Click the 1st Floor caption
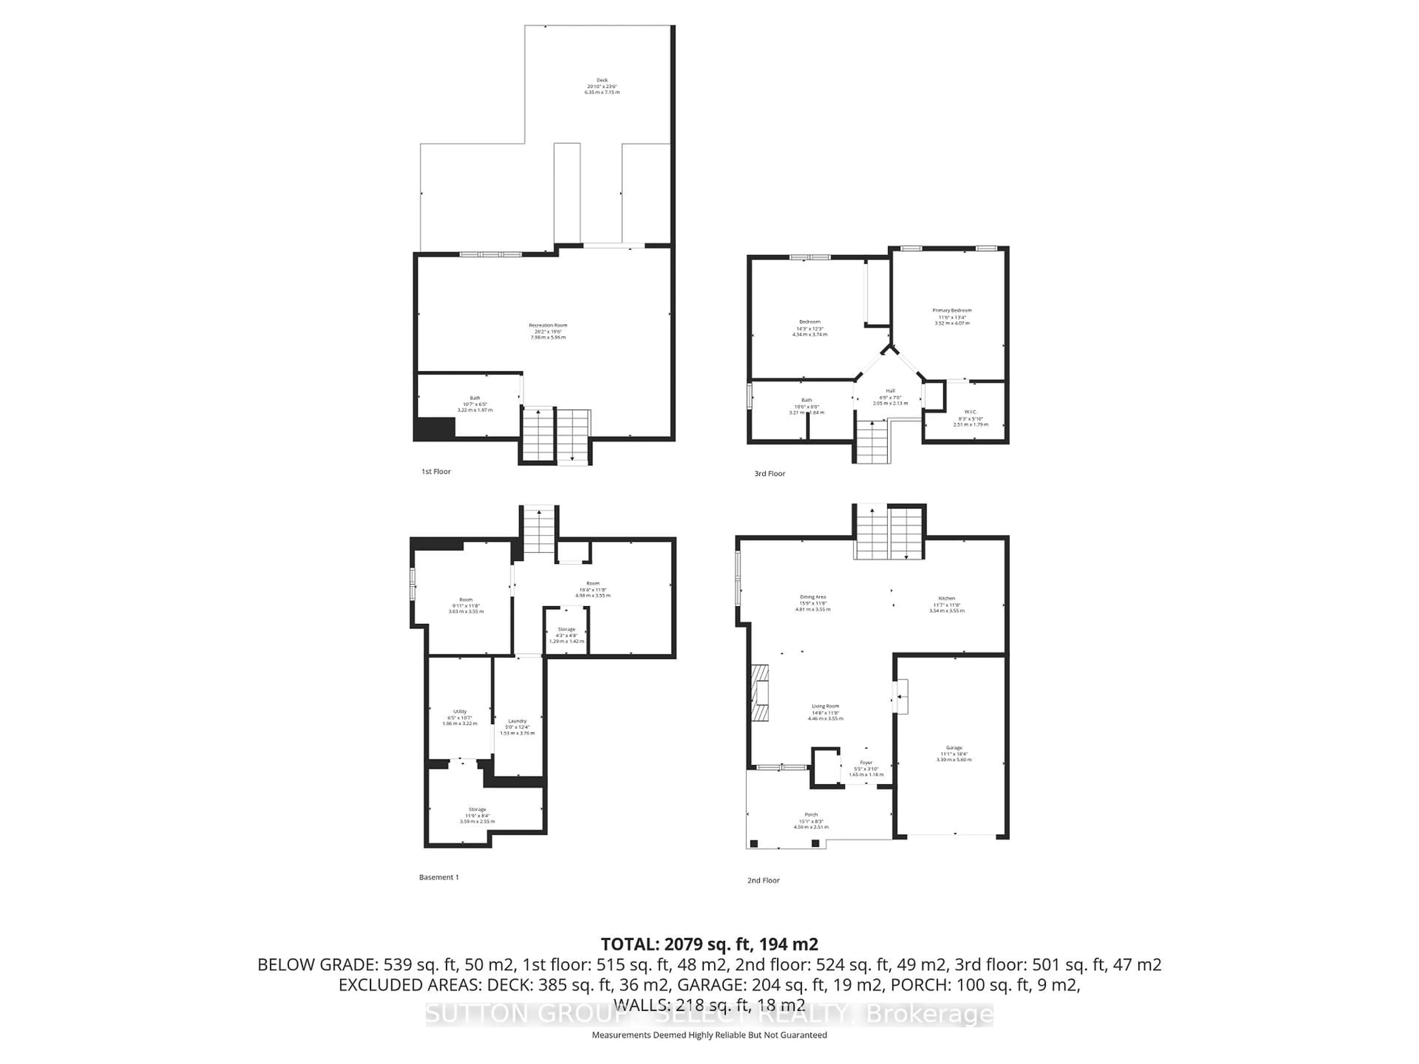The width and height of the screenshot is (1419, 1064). click(x=436, y=471)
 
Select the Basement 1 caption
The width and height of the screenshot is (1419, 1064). click(x=439, y=877)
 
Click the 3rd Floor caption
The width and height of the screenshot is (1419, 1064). click(x=770, y=473)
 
